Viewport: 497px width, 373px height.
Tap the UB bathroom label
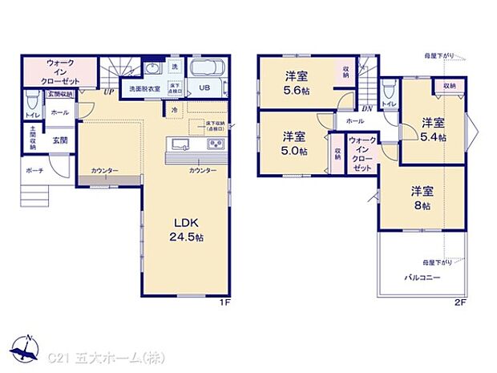pyautogui.click(x=204, y=88)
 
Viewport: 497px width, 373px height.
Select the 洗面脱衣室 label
pyautogui.click(x=141, y=88)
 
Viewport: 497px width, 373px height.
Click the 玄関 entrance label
pyautogui.click(x=60, y=140)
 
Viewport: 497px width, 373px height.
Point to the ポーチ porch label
pyautogui.click(x=33, y=171)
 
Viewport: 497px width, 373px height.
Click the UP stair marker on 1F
pyautogui.click(x=107, y=92)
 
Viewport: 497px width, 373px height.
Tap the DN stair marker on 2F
pyautogui.click(x=366, y=107)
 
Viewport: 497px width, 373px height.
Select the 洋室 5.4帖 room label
pyautogui.click(x=433, y=129)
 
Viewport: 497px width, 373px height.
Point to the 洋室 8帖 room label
pyautogui.click(x=422, y=198)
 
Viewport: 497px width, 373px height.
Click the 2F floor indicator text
pyautogui.click(x=460, y=303)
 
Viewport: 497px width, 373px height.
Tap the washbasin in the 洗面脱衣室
pyautogui.click(x=153, y=67)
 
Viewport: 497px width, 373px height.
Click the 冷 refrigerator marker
pyautogui.click(x=174, y=109)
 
